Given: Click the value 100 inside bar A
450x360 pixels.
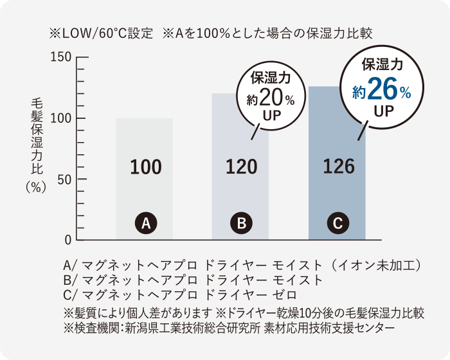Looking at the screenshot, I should pos(145,167).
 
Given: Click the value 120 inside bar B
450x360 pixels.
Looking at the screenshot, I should pos(241,167).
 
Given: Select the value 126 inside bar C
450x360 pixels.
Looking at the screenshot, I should pos(339,167).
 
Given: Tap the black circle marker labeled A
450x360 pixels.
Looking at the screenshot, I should pos(145,224).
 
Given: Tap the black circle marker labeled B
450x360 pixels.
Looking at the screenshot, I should pos(241,224).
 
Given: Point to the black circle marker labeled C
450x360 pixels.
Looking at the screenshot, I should pos(337,224).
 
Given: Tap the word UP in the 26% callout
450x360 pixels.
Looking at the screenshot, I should pos(383,111).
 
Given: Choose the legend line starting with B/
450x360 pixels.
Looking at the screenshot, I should pos(193,280).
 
